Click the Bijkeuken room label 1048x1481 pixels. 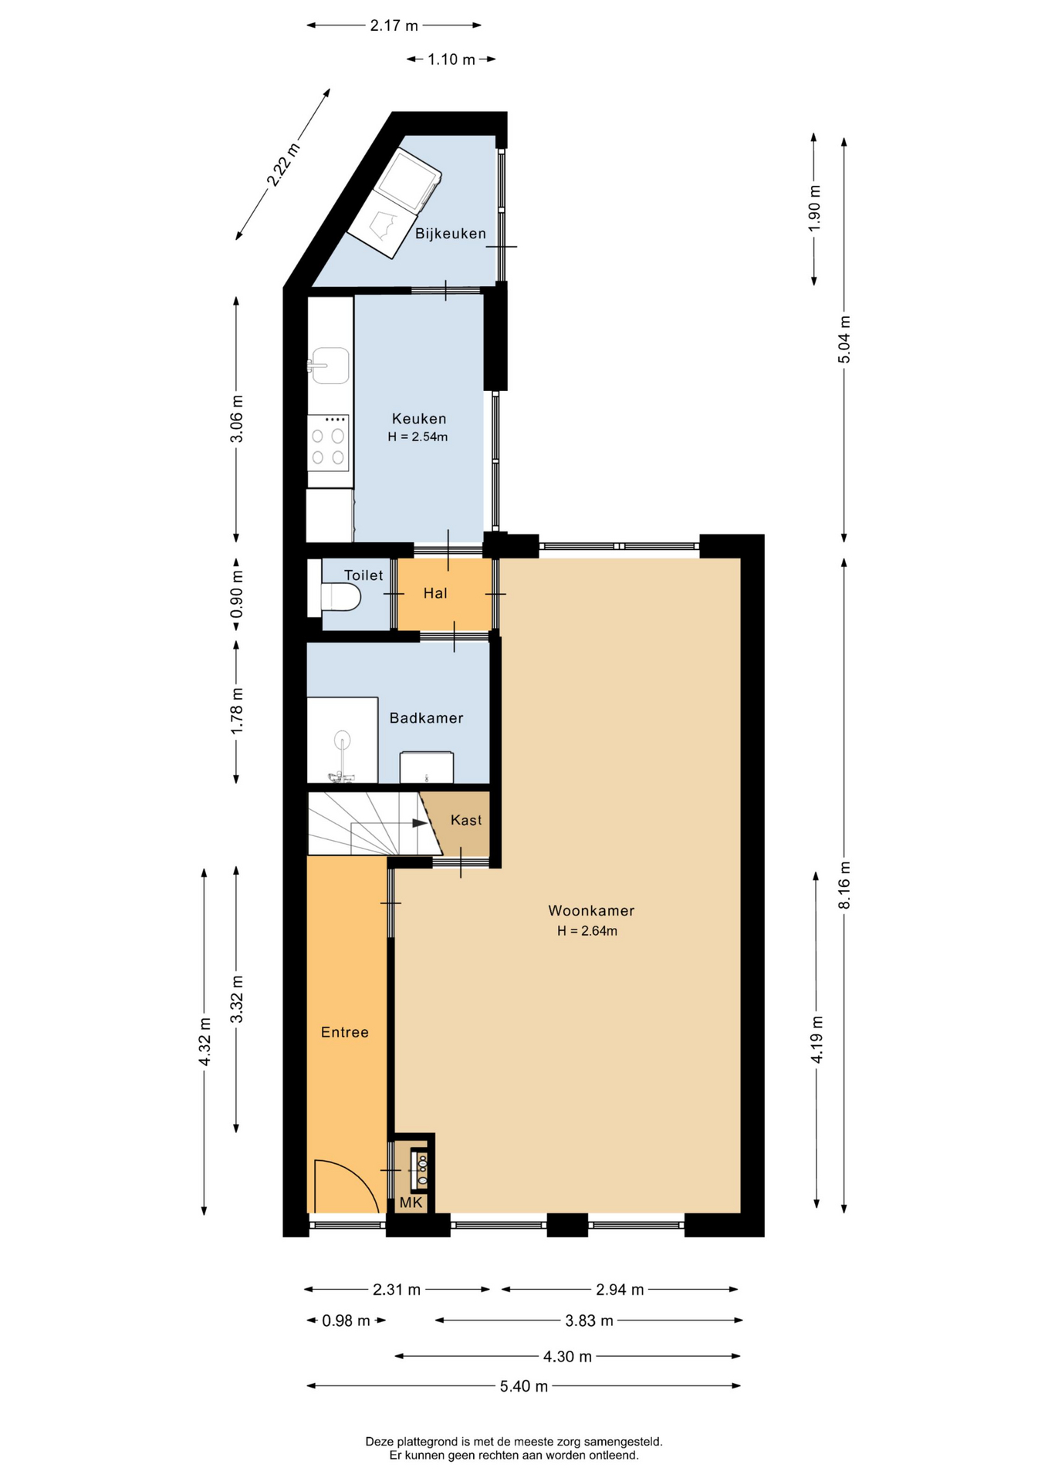pos(451,234)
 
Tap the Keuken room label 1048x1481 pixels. pos(419,419)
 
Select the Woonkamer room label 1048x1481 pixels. pos(591,911)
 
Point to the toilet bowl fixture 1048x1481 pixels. pos(340,597)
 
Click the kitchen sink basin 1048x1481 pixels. pos(330,366)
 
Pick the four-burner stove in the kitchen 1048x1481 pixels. pos(328,443)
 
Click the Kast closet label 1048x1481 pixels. pos(466,820)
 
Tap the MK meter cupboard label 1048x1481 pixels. pos(411,1203)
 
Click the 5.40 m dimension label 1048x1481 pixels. pos(524,1386)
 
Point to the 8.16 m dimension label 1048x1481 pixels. pos(844,885)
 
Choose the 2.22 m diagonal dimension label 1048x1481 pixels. pos(283,164)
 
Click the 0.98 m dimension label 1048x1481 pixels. pos(346,1321)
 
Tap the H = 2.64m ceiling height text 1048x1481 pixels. pos(587,931)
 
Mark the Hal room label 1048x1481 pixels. pos(435,593)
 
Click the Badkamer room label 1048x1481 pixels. pos(426,718)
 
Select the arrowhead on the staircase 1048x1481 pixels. pos(420,823)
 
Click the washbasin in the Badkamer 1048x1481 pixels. pos(427,767)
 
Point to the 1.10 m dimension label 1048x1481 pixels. pos(451,59)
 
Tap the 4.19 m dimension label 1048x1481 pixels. pos(816,1040)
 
